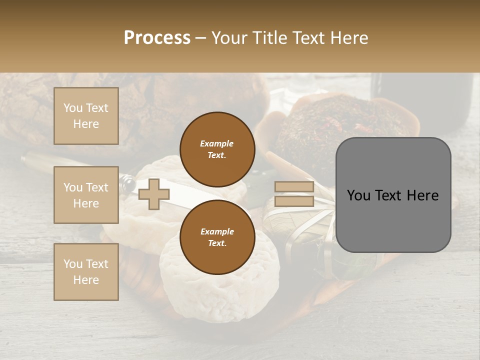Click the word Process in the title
pyautogui.click(x=157, y=38)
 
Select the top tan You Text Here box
pyautogui.click(x=86, y=116)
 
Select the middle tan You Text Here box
pyautogui.click(x=86, y=195)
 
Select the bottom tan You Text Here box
pyautogui.click(x=86, y=271)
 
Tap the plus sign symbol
pyautogui.click(x=154, y=194)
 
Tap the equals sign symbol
pyautogui.click(x=294, y=194)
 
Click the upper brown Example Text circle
pyautogui.click(x=217, y=149)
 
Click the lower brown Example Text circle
pyautogui.click(x=217, y=237)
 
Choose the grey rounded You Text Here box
pyautogui.click(x=393, y=195)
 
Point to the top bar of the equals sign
pyautogui.click(x=294, y=187)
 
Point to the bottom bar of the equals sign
pyautogui.click(x=294, y=201)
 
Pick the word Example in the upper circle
pyautogui.click(x=217, y=143)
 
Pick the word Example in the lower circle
pyautogui.click(x=217, y=231)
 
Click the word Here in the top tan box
pyautogui.click(x=86, y=124)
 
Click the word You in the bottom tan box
pyautogui.click(x=73, y=263)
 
